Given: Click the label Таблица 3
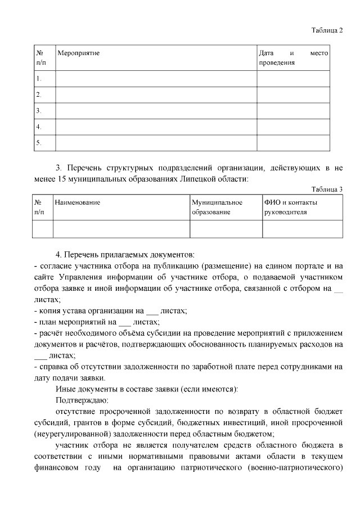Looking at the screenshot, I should (327, 189).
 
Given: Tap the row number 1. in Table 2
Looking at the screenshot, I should (39, 78).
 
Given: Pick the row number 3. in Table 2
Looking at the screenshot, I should (39, 111).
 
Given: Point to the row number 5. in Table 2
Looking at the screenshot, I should (39, 143).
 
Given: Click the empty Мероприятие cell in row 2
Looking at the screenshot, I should (156, 94).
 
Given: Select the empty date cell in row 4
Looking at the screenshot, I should (293, 127).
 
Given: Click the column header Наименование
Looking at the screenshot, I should (78, 202).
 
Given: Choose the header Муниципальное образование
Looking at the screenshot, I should (217, 207).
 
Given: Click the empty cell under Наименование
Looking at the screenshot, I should (121, 229).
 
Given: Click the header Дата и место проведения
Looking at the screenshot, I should (293, 57).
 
